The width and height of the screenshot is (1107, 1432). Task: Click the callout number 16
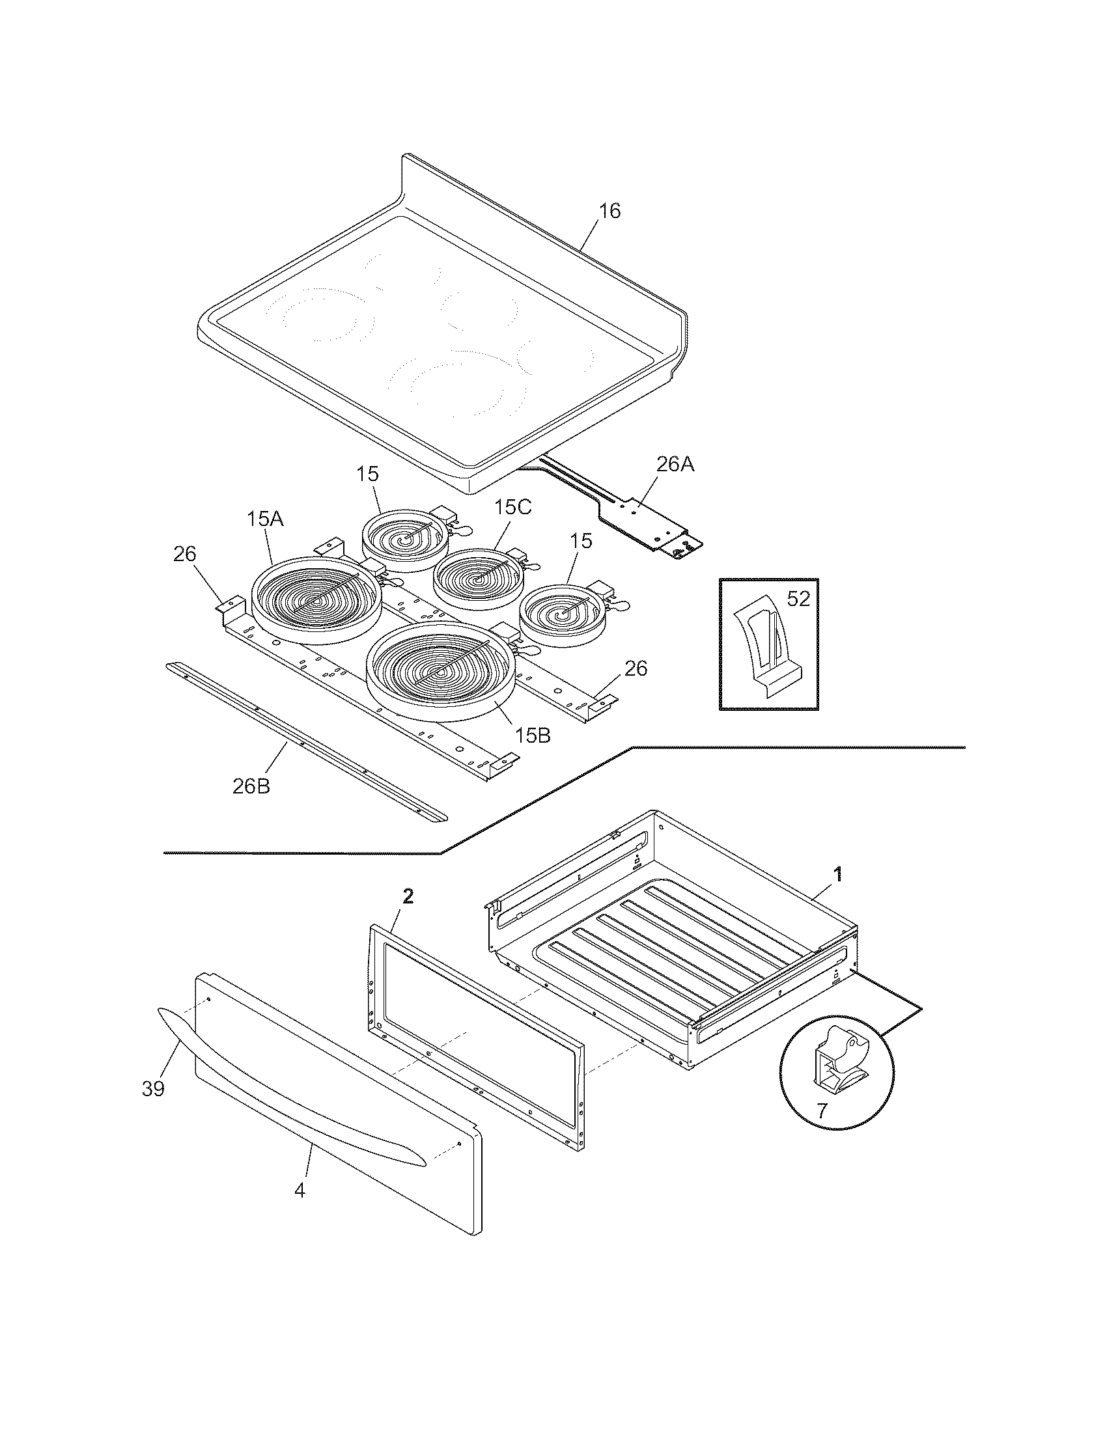610,211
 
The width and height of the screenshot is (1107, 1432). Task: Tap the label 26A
675,464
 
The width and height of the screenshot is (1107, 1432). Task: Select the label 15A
265,519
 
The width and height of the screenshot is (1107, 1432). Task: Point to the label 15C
513,507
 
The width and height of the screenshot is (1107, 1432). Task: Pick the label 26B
251,786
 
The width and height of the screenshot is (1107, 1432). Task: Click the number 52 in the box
798,599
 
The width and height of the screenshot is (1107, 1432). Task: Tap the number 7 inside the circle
822,1110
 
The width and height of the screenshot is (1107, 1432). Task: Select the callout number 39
153,1089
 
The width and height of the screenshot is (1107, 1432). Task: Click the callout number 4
300,1190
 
